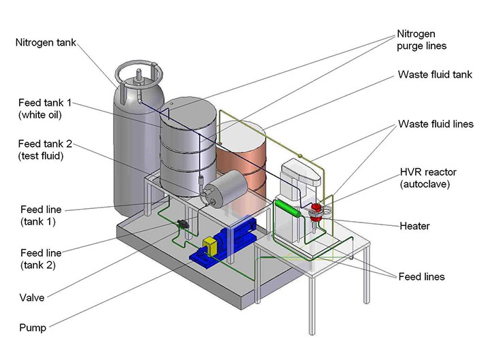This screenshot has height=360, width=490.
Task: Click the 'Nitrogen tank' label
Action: [46, 43]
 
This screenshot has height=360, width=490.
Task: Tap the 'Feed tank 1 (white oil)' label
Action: [42, 108]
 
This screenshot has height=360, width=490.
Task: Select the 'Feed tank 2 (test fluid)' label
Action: [42, 150]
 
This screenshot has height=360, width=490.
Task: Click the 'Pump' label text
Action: [31, 327]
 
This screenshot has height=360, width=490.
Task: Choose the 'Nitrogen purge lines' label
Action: [422, 40]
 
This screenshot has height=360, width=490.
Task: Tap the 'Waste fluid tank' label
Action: [434, 75]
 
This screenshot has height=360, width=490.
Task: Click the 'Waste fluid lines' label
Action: [436, 125]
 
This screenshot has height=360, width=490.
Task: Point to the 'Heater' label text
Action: [413, 225]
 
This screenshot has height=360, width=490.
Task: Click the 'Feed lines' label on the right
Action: [421, 276]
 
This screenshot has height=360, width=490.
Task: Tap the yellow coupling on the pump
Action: [209, 246]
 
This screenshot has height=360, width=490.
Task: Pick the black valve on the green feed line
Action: [182, 225]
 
